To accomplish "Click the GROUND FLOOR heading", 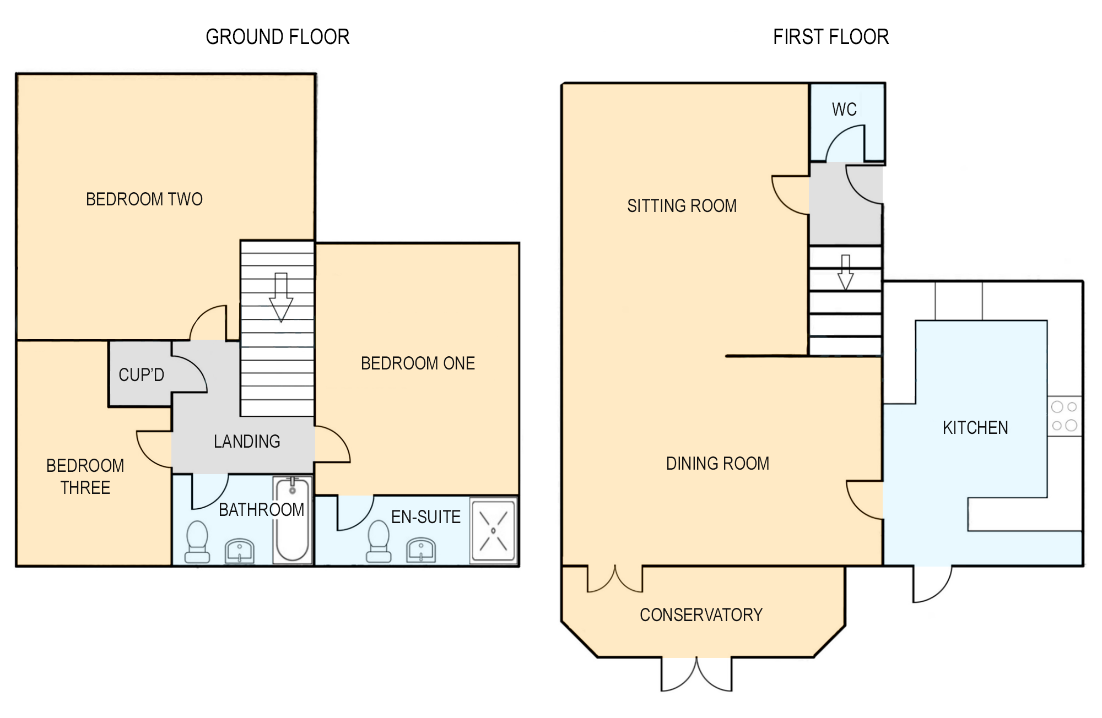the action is point(278,37).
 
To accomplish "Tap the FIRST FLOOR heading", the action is point(831,37).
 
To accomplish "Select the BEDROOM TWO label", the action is point(144,199).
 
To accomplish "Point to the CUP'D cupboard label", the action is point(141,374).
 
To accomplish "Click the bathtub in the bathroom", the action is point(292,520).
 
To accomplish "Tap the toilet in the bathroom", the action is point(197,542).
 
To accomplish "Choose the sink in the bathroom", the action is point(240,551).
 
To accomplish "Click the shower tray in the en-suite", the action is point(494,530).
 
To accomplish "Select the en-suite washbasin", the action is point(421,550).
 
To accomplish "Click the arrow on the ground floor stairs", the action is point(281,297).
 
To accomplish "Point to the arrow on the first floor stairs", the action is point(845,273).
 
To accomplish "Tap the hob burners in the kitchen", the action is point(1065,416).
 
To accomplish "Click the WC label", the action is point(844,109).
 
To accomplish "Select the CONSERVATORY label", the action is point(701,614).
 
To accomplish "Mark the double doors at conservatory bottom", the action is point(696,675).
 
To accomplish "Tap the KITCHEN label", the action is point(975,427).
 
